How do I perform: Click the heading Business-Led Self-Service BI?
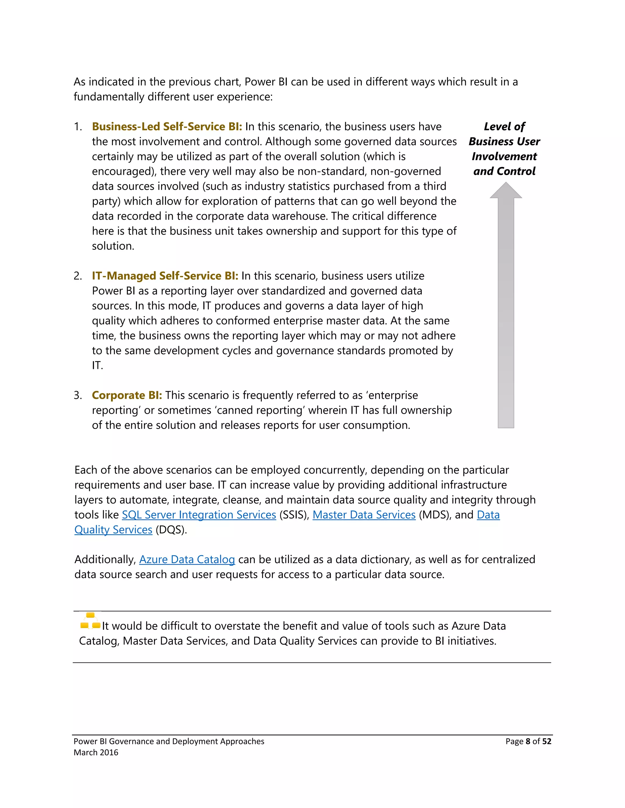[x=167, y=127]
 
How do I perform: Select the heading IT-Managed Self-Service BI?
[x=165, y=276]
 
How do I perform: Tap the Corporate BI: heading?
[x=127, y=395]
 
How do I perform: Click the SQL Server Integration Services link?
[x=199, y=515]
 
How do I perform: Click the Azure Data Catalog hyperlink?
[x=187, y=560]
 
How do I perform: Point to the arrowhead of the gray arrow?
[x=506, y=191]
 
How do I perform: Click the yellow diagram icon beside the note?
[x=90, y=621]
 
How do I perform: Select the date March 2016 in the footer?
[x=96, y=752]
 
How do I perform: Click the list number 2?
[x=78, y=276]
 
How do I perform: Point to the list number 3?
[x=78, y=395]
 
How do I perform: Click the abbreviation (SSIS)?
[x=294, y=515]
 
